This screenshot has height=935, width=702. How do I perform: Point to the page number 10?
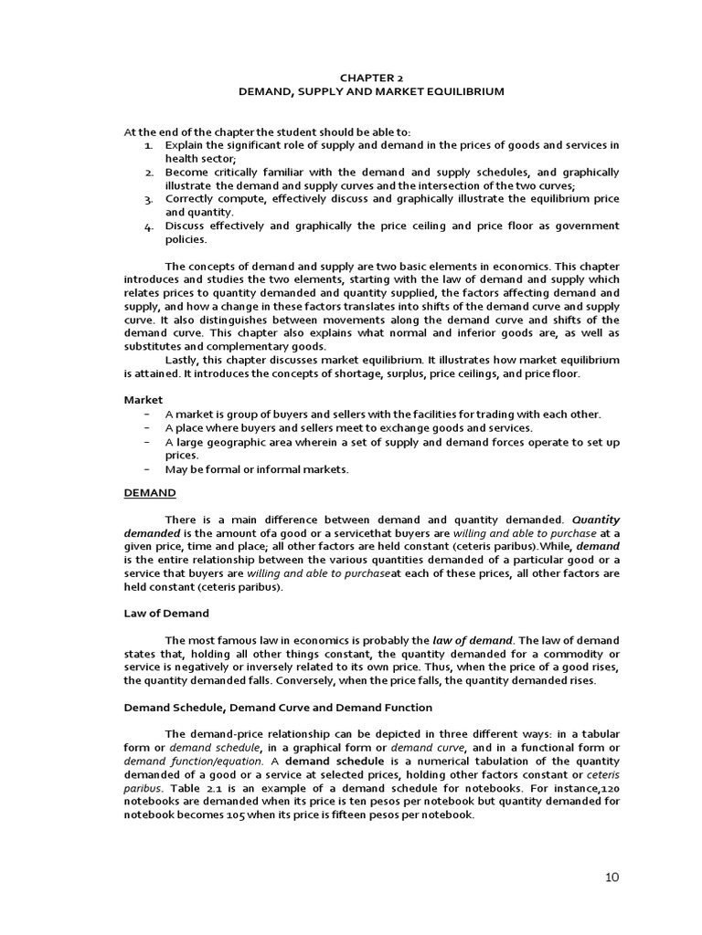coord(612,877)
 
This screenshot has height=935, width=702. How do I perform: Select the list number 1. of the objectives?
coord(149,145)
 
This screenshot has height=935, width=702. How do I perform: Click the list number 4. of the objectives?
coord(149,226)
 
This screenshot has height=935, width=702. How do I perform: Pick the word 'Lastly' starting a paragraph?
coord(183,360)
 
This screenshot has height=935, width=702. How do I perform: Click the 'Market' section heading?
coord(144,400)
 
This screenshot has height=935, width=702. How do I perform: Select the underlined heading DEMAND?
coord(150,492)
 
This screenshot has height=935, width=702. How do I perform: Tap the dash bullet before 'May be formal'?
coord(146,469)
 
